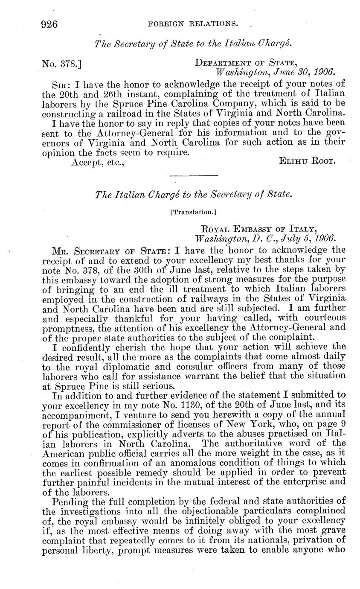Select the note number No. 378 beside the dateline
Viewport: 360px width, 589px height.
pyautogui.click(x=61, y=64)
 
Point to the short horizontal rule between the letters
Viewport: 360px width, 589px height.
pyautogui.click(x=194, y=175)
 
